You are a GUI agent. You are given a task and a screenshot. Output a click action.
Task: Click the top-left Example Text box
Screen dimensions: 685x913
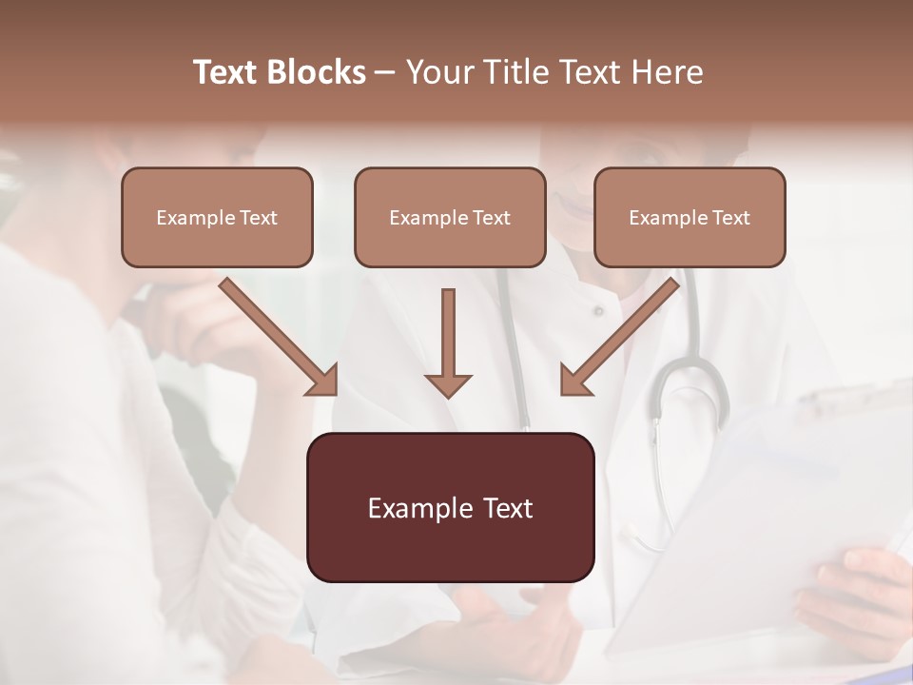[x=217, y=218]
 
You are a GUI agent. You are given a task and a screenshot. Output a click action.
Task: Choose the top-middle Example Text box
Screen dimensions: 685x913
[x=450, y=218]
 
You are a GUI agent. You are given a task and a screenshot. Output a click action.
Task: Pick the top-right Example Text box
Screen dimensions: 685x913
[x=690, y=218]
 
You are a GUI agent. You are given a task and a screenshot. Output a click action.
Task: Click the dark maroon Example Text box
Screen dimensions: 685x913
[x=450, y=508]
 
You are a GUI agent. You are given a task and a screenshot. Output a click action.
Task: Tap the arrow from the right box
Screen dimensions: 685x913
[x=619, y=337]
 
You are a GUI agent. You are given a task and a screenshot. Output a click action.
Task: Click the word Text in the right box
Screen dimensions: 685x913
[x=730, y=218]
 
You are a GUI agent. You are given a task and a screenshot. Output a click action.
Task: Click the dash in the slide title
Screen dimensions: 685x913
[x=385, y=72]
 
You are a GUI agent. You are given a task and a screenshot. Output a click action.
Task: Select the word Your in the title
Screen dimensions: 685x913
[x=437, y=72]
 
